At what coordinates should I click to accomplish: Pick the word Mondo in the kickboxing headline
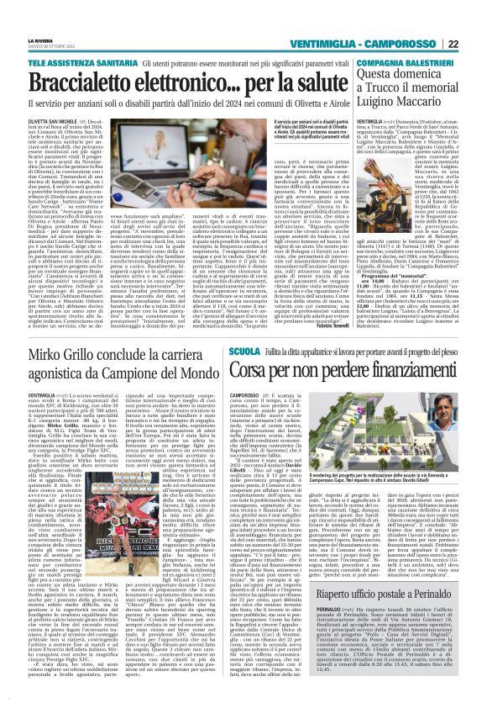click(201, 347)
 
